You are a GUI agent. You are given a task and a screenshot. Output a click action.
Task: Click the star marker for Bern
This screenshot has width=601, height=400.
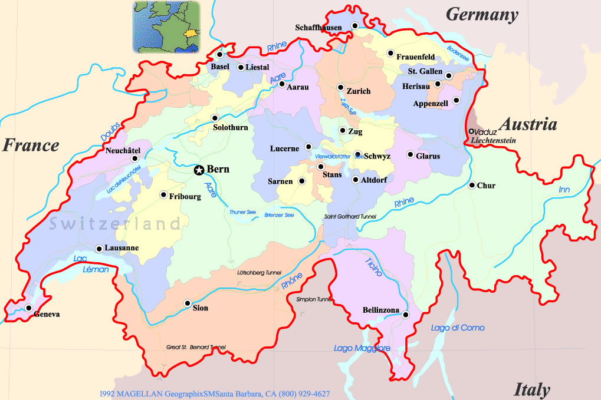click(x=199, y=170)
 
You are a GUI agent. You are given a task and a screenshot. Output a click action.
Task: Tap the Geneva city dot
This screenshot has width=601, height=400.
click(x=28, y=308)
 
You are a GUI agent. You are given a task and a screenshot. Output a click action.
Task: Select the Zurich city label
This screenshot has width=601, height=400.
click(x=359, y=91)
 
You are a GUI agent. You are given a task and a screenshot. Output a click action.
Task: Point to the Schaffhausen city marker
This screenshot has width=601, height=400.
click(x=355, y=25)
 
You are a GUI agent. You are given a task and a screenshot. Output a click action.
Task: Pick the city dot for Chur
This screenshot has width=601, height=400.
click(x=472, y=186)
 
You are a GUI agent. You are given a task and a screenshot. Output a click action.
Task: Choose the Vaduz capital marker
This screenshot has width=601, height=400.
click(x=471, y=131)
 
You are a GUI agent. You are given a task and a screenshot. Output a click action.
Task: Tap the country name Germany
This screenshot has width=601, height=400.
click(x=482, y=15)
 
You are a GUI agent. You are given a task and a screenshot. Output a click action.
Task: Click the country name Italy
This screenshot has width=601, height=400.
click(x=532, y=389)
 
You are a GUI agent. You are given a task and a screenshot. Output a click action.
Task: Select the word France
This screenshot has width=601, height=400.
click(x=31, y=145)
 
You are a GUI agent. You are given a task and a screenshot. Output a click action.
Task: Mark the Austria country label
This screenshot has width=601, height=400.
click(x=528, y=124)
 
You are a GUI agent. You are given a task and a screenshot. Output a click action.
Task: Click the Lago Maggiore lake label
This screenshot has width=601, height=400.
click(x=362, y=348)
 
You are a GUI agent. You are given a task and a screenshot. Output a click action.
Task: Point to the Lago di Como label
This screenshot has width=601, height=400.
click(x=458, y=328)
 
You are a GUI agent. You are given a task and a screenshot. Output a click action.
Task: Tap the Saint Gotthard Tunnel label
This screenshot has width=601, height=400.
click(x=350, y=217)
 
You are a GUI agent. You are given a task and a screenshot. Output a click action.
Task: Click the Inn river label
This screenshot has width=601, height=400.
click(x=565, y=190)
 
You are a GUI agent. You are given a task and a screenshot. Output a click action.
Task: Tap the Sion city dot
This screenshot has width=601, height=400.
click(x=188, y=303)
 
